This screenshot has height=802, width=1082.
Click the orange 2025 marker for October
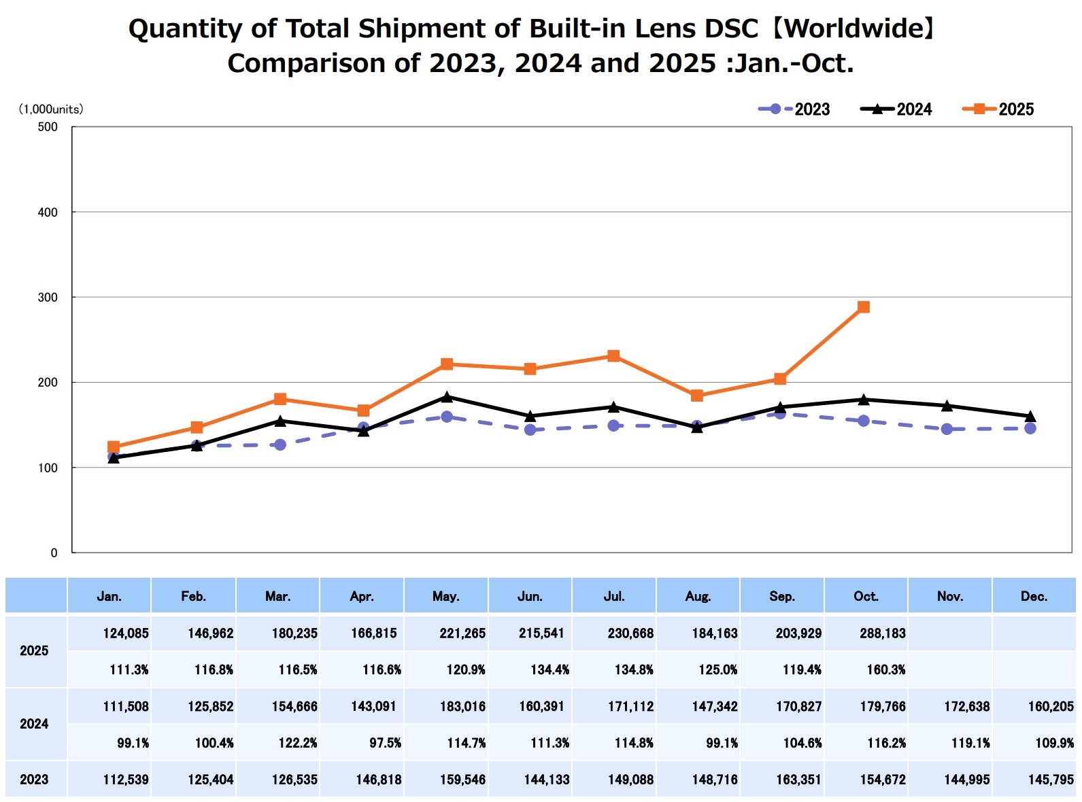(864, 307)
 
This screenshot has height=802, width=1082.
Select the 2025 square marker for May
(447, 364)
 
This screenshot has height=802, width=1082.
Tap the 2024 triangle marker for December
(1030, 416)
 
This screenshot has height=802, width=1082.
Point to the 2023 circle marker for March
(280, 444)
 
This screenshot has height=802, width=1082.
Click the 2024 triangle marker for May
(447, 397)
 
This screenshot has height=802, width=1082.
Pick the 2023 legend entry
(794, 109)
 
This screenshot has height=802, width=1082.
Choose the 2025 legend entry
(998, 109)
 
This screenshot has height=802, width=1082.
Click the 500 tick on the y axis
(48, 127)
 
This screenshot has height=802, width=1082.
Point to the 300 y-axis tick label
(48, 298)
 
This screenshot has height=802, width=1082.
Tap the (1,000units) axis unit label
(51, 109)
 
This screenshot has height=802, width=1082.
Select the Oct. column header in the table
(866, 597)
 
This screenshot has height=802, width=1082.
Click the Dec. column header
(1034, 597)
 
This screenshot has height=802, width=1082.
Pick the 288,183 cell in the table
(883, 633)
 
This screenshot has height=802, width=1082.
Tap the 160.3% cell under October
(886, 670)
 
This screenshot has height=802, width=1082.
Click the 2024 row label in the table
(34, 725)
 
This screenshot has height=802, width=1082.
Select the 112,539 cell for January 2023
(126, 780)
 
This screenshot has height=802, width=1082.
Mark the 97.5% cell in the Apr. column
(385, 744)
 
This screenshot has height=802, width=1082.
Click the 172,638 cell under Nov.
(966, 707)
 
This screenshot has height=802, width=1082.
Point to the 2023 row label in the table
(34, 780)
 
